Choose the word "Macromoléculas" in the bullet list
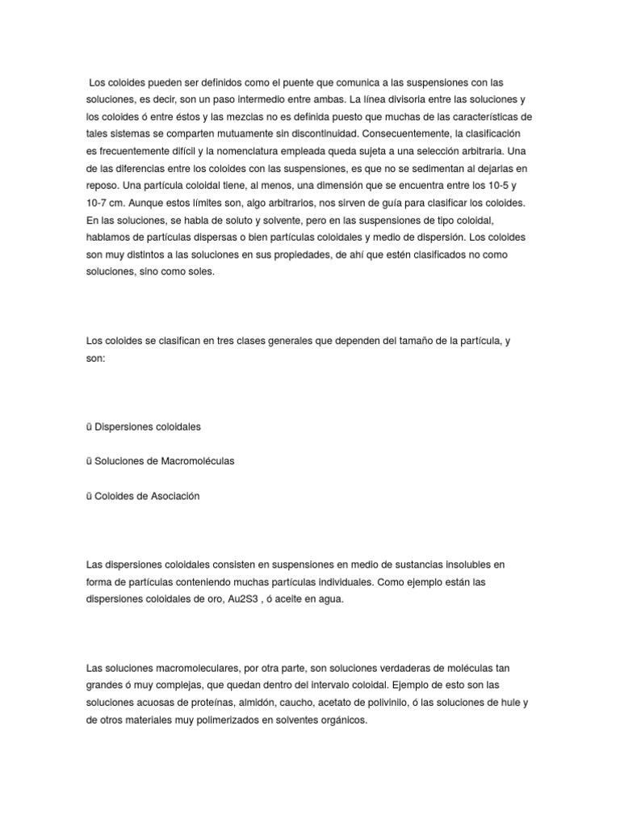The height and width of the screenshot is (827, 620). (x=193, y=461)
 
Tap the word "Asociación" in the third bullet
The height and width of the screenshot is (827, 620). (x=172, y=496)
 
